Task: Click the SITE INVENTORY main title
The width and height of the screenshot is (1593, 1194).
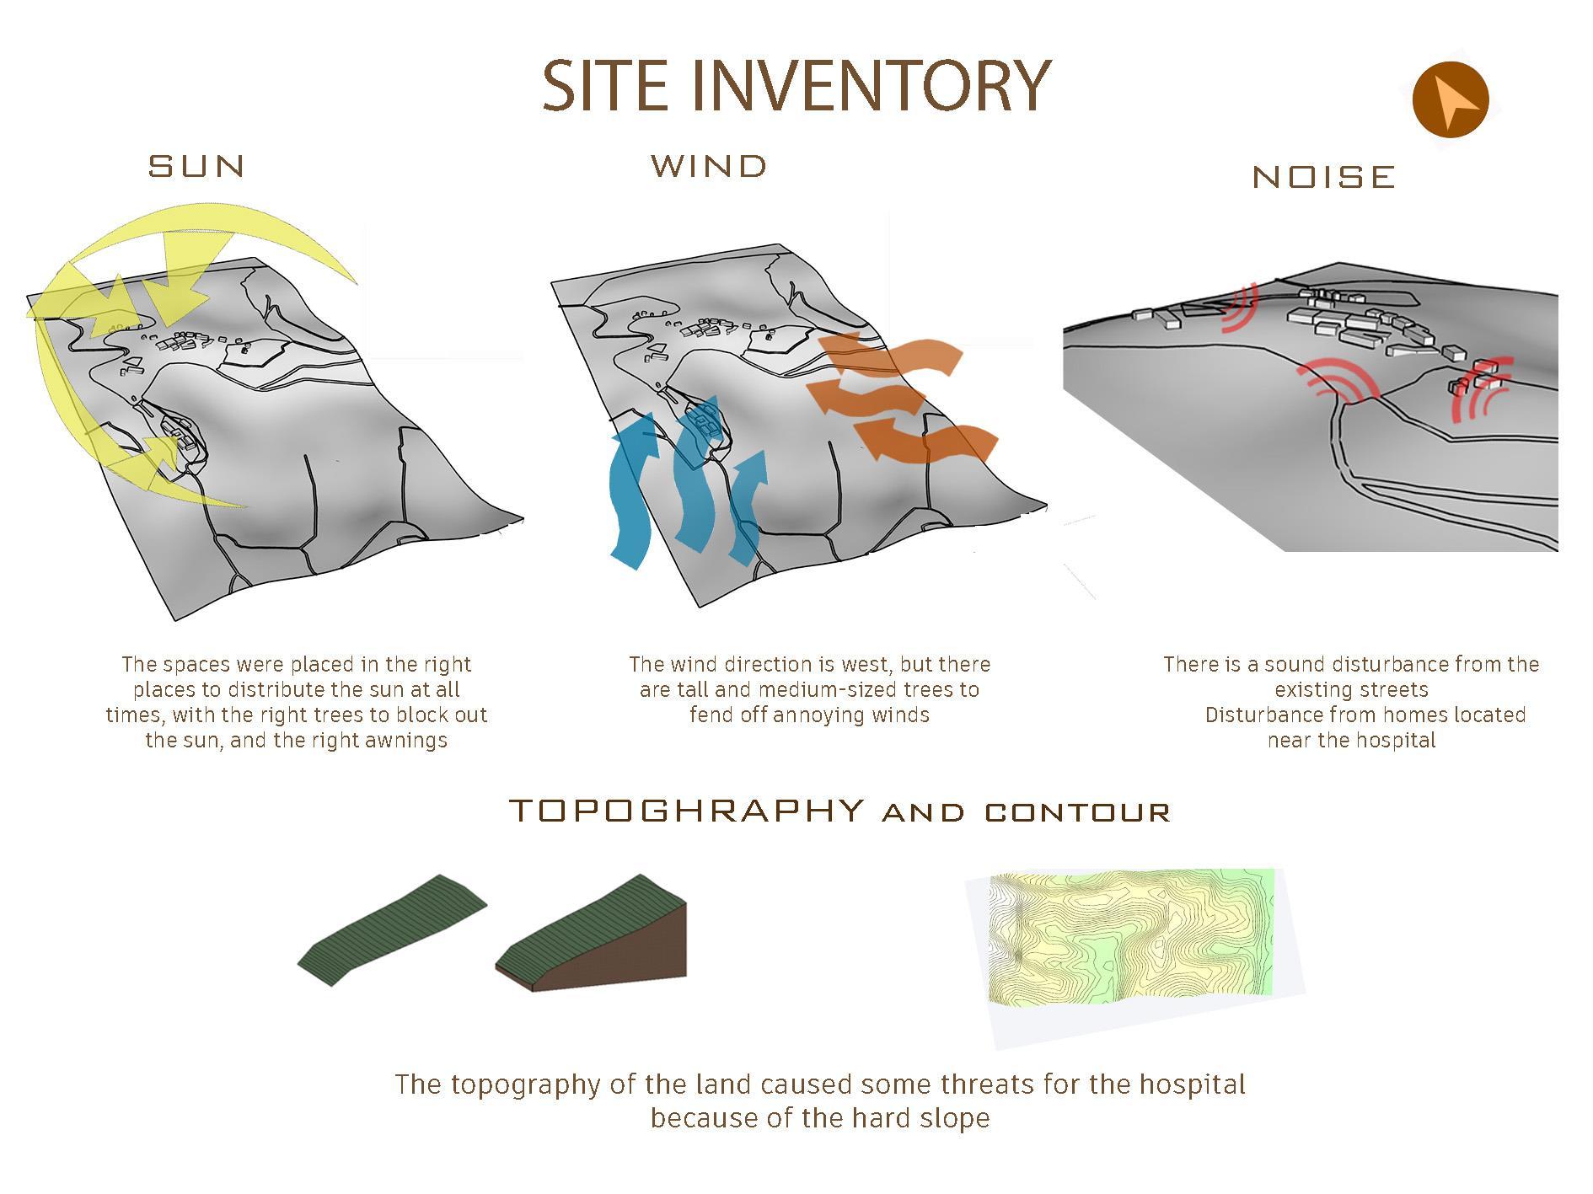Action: [796, 85]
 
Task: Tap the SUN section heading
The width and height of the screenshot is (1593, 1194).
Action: [197, 166]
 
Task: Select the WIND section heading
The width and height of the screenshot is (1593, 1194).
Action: [710, 166]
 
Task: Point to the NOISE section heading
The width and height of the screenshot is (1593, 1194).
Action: [1324, 177]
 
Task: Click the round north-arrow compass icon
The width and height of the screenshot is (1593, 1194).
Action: [1451, 99]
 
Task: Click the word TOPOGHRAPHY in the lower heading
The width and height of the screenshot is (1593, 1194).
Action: [688, 811]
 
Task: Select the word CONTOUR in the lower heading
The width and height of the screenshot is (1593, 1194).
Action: [1078, 813]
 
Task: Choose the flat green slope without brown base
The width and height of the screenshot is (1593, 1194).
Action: [392, 929]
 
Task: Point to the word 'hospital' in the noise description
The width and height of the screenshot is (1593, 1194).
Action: [1396, 741]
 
